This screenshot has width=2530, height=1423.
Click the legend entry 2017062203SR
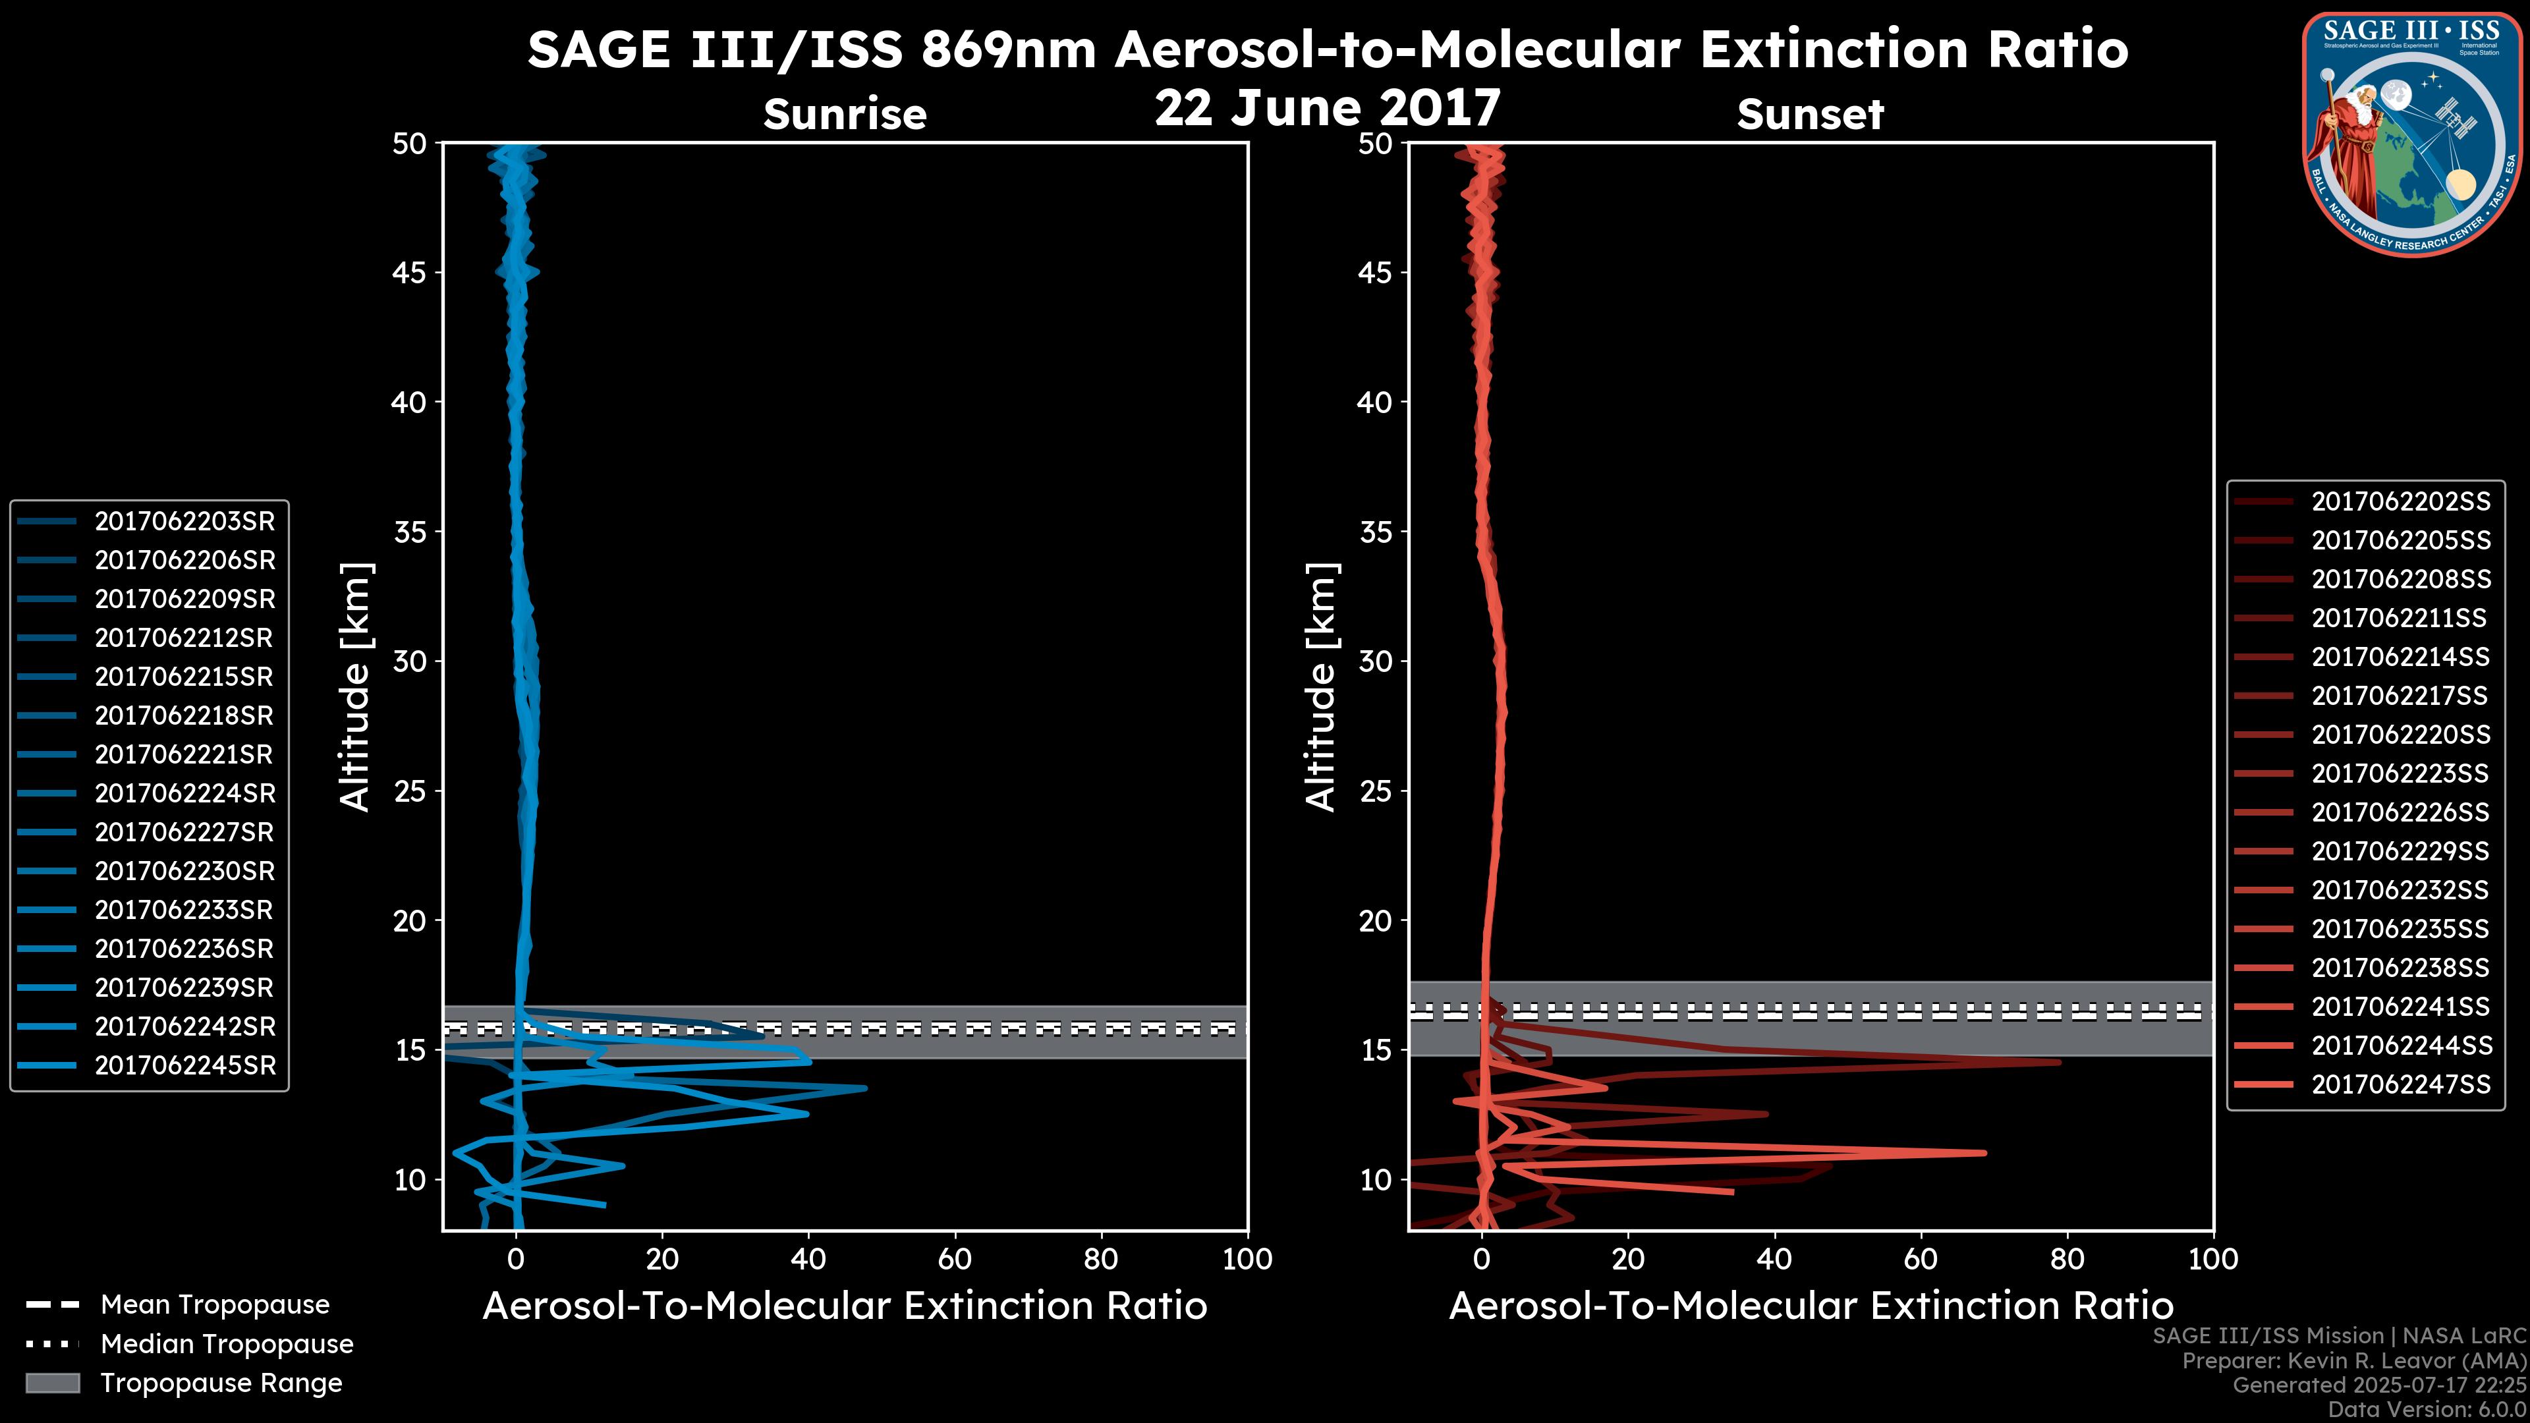pos(184,522)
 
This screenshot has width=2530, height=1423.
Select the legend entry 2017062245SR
pos(184,1065)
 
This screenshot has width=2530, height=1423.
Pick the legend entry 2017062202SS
pos(2400,502)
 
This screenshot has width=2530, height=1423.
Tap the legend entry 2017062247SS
pos(2400,1084)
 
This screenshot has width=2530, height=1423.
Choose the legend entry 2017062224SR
pos(184,793)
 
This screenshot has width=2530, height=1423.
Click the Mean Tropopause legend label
pos(215,1305)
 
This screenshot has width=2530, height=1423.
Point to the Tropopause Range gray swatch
pos(53,1383)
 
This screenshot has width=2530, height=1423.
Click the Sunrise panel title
pos(845,115)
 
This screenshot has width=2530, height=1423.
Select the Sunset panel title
pos(1810,115)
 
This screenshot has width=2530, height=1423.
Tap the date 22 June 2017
pos(1327,108)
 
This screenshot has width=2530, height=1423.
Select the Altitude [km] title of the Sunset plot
pos(1322,687)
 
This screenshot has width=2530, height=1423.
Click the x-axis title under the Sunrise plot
pos(845,1306)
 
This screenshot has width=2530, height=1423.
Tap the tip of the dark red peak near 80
pos(2060,1061)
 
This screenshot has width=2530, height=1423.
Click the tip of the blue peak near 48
pos(865,1088)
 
